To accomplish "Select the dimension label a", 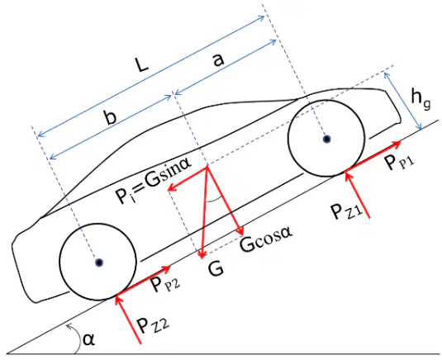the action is point(218,59).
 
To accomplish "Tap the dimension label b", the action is point(110,118).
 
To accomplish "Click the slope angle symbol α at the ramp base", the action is point(88,339).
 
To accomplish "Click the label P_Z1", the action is point(346,211).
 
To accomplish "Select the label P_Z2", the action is point(154,324).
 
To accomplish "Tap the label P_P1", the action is point(400,163).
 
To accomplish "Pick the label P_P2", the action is point(165,285).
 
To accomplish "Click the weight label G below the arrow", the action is point(216,269).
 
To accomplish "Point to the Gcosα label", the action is point(265,239).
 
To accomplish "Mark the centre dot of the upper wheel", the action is point(327,139).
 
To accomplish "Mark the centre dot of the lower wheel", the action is point(99,263).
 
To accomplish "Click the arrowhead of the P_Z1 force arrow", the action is point(348,175).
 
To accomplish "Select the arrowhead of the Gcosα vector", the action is point(241,231).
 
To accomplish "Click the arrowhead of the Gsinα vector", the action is point(170,188).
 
